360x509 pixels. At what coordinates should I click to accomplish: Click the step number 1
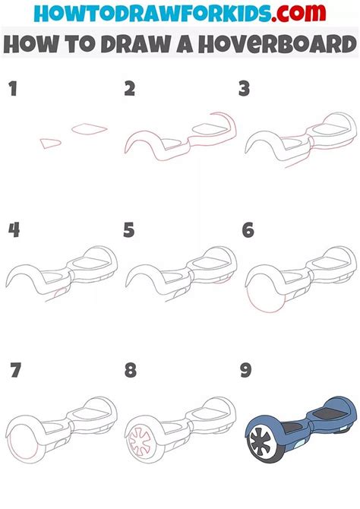click(x=13, y=89)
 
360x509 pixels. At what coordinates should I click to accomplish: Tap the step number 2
click(x=130, y=89)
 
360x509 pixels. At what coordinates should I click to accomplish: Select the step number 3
click(x=244, y=89)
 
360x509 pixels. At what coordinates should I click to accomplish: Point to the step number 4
click(x=14, y=229)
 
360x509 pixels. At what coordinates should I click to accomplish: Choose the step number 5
click(x=129, y=229)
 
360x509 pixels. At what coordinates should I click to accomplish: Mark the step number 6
click(x=248, y=229)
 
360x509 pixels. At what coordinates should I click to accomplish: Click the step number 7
click(x=15, y=370)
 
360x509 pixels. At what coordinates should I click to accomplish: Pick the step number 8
click(x=130, y=370)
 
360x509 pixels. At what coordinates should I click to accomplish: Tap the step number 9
click(x=246, y=370)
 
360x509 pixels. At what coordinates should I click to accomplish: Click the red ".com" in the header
click(x=298, y=13)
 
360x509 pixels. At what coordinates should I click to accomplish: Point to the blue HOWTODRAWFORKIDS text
click(x=153, y=13)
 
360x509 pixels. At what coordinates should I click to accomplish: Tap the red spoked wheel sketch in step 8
click(x=140, y=441)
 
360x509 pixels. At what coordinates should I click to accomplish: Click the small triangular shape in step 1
click(x=50, y=143)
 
